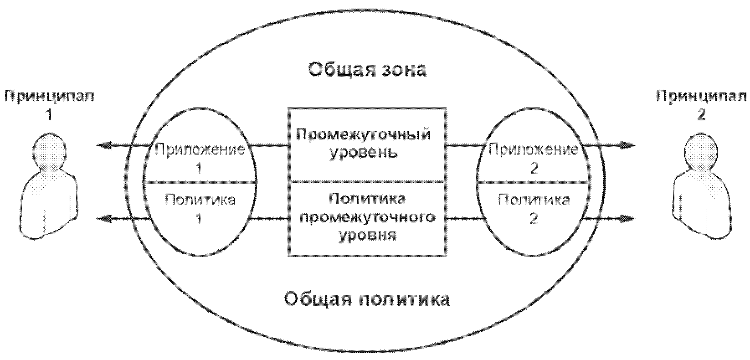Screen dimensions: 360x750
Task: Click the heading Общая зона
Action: [367, 70]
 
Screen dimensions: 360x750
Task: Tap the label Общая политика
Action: [367, 300]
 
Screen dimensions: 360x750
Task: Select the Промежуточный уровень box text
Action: [364, 143]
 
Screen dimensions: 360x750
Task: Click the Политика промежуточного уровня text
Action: [367, 217]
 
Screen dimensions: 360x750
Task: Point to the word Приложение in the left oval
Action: [200, 150]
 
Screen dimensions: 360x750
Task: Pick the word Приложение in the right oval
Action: [534, 150]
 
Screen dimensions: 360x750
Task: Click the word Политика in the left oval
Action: [200, 200]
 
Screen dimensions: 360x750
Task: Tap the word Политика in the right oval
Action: [534, 200]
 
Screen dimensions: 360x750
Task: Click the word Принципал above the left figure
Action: [49, 97]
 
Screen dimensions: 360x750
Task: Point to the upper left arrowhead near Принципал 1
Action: [104, 146]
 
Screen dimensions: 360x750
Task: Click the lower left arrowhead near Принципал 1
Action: [104, 219]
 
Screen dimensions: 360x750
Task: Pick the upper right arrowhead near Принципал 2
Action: [629, 146]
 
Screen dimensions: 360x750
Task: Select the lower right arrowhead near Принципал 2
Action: [629, 219]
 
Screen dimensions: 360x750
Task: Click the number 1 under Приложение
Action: [199, 169]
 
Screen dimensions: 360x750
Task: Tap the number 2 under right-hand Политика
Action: [534, 219]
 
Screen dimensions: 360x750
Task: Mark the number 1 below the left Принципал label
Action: [49, 114]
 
